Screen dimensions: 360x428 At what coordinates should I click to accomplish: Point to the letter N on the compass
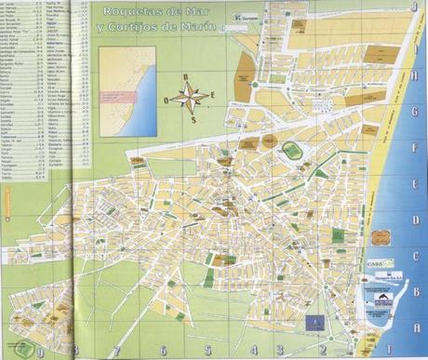[186, 77]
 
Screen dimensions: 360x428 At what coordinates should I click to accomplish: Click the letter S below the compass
[193, 118]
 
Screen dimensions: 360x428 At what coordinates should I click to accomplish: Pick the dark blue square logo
[314, 322]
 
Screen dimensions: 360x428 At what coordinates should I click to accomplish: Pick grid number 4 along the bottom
[253, 352]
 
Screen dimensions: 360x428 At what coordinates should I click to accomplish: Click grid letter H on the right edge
[414, 78]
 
